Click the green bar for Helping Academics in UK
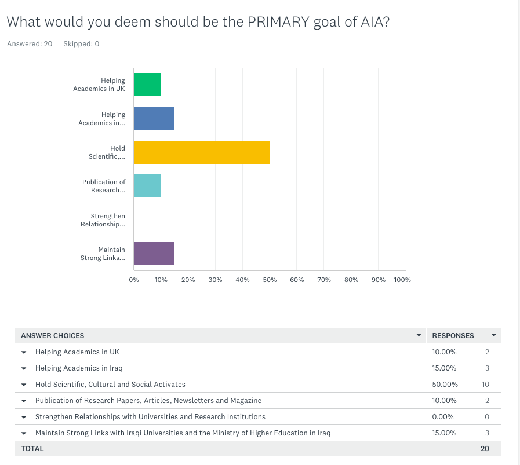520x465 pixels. pyautogui.click(x=147, y=85)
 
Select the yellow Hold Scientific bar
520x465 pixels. pyautogui.click(x=201, y=152)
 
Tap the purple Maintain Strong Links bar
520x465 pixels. pyautogui.click(x=154, y=254)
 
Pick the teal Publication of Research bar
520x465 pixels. pyautogui.click(x=147, y=186)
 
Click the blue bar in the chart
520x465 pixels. pyautogui.click(x=154, y=118)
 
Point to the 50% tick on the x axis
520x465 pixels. pyautogui.click(x=270, y=280)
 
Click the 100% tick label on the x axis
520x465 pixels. pyautogui.click(x=402, y=280)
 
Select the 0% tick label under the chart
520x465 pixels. pyautogui.click(x=134, y=280)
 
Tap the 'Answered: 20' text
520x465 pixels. pyautogui.click(x=30, y=44)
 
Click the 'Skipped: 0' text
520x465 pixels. pyautogui.click(x=81, y=44)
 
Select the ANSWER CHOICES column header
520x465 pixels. pyautogui.click(x=53, y=335)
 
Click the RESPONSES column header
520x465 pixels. pyautogui.click(x=453, y=335)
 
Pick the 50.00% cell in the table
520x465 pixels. pyautogui.click(x=445, y=384)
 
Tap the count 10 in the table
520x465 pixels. pyautogui.click(x=486, y=384)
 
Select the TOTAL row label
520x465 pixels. pyautogui.click(x=32, y=448)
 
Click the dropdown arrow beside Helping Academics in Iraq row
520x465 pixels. pyautogui.click(x=24, y=368)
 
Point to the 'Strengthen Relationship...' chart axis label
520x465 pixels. pyautogui.click(x=103, y=220)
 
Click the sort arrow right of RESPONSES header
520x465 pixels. pyautogui.click(x=494, y=335)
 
